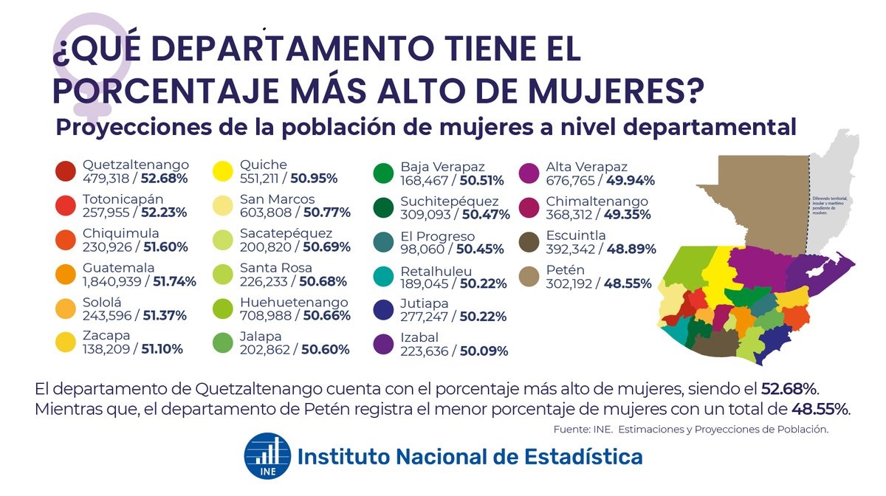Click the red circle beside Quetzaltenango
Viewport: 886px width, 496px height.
coord(66,171)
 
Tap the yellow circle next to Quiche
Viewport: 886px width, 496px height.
coord(223,171)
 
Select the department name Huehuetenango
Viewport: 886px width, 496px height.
coord(294,303)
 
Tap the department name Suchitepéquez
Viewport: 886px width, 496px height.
coord(449,201)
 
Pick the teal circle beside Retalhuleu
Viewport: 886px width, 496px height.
coord(383,275)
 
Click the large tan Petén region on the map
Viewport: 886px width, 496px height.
coord(760,199)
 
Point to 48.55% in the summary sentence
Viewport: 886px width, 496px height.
coord(820,409)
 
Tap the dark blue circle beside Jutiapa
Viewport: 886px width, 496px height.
coord(383,310)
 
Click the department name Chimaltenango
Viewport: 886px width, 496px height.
coord(597,201)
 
